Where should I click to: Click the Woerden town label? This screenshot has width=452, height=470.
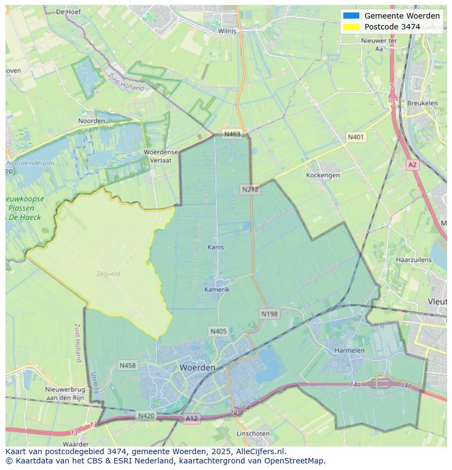tap(197, 368)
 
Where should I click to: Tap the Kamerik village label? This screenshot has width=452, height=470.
tap(217, 289)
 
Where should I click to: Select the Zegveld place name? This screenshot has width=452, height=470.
tap(108, 274)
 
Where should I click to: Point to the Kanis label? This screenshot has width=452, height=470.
tap(216, 247)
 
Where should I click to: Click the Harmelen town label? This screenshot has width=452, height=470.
tap(349, 350)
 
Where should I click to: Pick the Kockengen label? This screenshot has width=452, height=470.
tap(323, 175)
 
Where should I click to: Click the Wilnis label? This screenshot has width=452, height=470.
tap(227, 31)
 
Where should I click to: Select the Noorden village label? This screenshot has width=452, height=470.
tap(92, 121)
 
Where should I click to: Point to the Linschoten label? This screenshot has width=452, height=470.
tap(253, 433)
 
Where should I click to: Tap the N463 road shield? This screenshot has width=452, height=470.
tap(231, 134)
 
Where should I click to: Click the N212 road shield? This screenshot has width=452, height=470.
tap(250, 189)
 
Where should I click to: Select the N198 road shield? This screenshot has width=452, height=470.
tap(270, 314)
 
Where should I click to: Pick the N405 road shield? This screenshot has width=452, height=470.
tap(218, 331)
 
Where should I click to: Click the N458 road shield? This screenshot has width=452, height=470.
tap(128, 365)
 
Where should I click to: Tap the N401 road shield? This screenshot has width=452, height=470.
tap(356, 137)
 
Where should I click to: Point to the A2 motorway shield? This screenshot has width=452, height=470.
tap(412, 164)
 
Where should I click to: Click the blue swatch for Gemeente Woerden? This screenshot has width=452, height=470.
tap(351, 16)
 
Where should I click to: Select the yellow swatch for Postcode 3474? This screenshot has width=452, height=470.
tap(351, 27)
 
